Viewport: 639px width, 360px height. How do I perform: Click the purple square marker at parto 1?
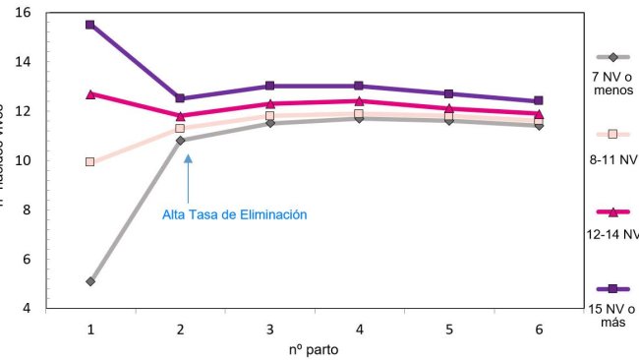pyautogui.click(x=90, y=25)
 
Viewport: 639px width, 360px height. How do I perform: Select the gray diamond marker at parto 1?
pyautogui.click(x=90, y=281)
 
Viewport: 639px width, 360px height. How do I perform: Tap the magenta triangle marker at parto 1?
pyautogui.click(x=90, y=94)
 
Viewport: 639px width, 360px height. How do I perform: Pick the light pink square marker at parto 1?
pyautogui.click(x=90, y=161)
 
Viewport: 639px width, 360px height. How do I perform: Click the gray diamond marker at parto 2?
pyautogui.click(x=180, y=141)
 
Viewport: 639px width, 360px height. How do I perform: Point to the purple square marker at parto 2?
pyautogui.click(x=180, y=98)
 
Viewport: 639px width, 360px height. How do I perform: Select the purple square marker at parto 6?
pyautogui.click(x=538, y=100)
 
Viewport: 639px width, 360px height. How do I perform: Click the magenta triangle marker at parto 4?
pyautogui.click(x=359, y=100)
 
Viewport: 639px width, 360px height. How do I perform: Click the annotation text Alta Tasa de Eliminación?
pyautogui.click(x=235, y=214)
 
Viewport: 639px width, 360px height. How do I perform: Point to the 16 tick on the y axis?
pyautogui.click(x=24, y=12)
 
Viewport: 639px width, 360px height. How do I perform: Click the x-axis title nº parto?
pyautogui.click(x=314, y=349)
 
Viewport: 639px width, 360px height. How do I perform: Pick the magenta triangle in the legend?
pyautogui.click(x=612, y=211)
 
